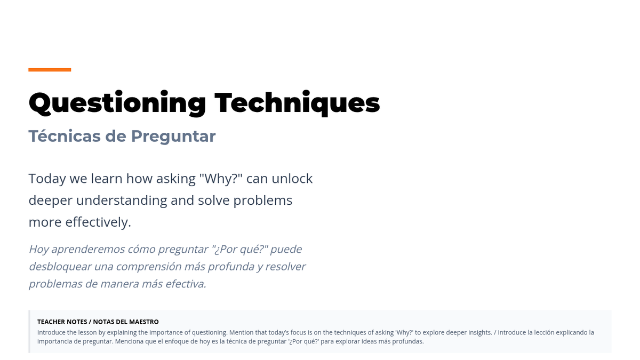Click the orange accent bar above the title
click(x=50, y=70)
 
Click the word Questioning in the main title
click(x=117, y=103)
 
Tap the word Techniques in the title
click(x=297, y=103)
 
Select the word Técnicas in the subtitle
click(x=65, y=136)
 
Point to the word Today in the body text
click(x=47, y=179)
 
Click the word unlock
click(x=292, y=179)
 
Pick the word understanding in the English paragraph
click(x=122, y=201)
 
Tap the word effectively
click(x=98, y=222)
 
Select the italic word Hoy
click(x=38, y=250)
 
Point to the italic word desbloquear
click(x=60, y=267)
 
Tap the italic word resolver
click(x=285, y=267)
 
